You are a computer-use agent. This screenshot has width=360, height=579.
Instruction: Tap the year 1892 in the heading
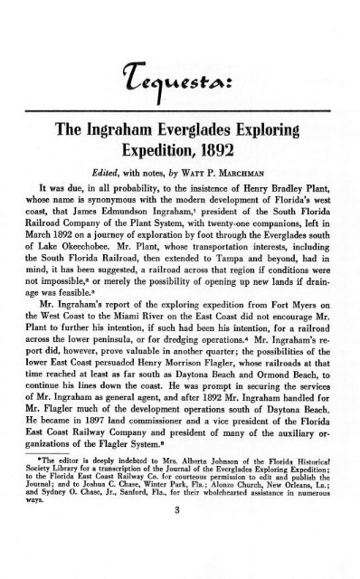pos(217,156)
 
